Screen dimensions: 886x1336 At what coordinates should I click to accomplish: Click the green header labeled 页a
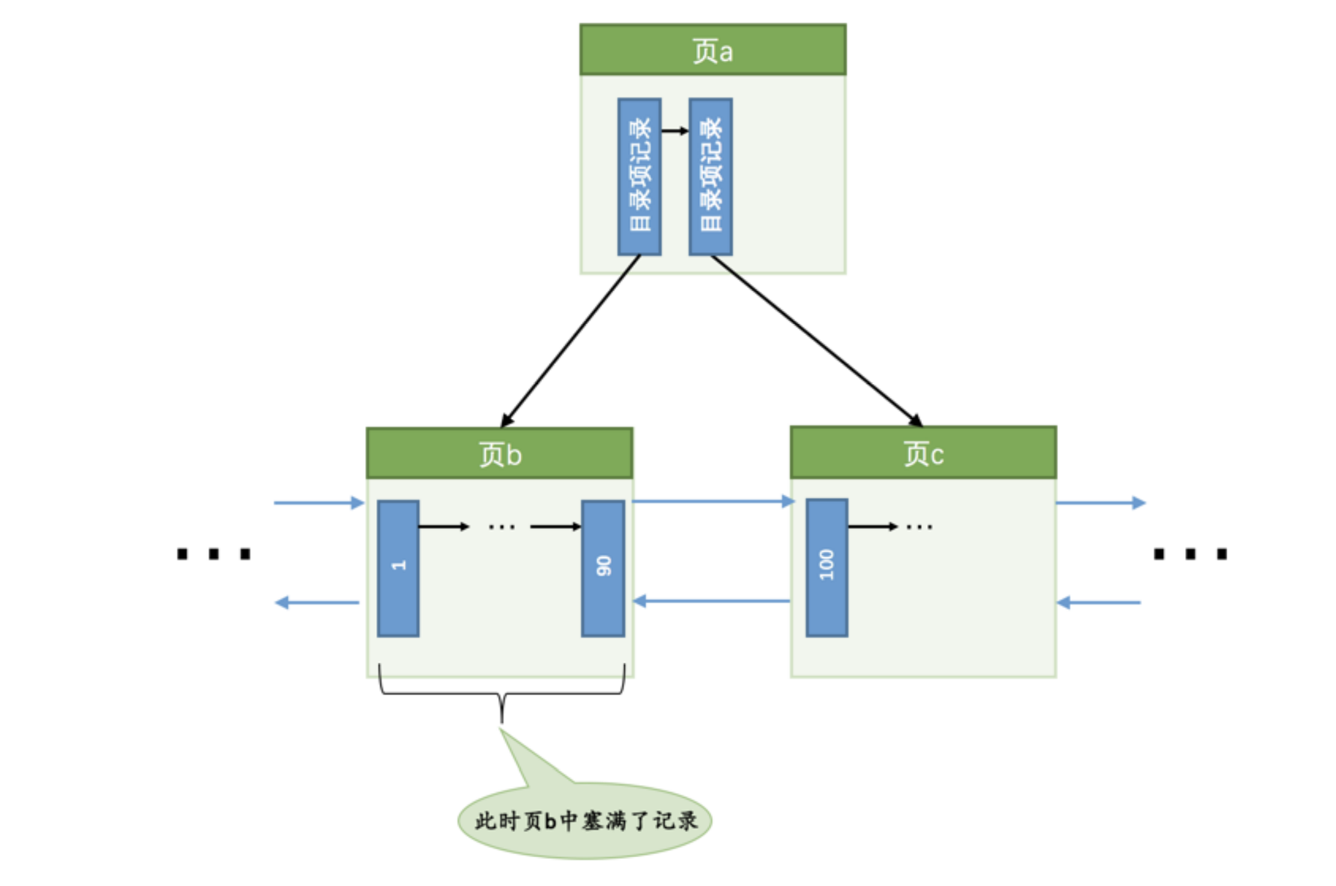tap(712, 50)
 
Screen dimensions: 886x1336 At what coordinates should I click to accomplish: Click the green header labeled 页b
tap(499, 453)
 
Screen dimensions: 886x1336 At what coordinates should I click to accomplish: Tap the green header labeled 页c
tap(923, 453)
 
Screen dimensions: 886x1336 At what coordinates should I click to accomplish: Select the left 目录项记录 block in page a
tap(639, 177)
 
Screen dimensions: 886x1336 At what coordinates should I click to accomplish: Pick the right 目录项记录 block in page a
tap(711, 177)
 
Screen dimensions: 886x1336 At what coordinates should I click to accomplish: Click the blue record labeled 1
tap(398, 568)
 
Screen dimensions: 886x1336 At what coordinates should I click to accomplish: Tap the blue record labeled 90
tap(603, 568)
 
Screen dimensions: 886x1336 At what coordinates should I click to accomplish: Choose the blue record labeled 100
tap(827, 567)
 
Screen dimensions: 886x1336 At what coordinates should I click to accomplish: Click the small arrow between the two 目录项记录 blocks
tap(675, 131)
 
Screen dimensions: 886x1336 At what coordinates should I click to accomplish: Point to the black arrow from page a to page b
tap(570, 341)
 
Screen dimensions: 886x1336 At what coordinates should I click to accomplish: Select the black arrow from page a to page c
tap(816, 341)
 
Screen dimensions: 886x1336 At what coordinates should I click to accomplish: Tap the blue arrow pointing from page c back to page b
tap(712, 601)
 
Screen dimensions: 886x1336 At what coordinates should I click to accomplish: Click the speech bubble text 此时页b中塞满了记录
tap(586, 821)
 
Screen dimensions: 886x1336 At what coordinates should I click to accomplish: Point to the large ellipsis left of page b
tap(214, 553)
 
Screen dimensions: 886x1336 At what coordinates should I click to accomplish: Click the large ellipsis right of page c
tap(1190, 553)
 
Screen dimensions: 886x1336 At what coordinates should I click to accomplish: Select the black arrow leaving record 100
tap(872, 526)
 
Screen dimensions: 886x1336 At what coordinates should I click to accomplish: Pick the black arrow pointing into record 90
tap(555, 526)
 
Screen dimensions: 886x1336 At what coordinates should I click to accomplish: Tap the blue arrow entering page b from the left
tap(319, 502)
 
